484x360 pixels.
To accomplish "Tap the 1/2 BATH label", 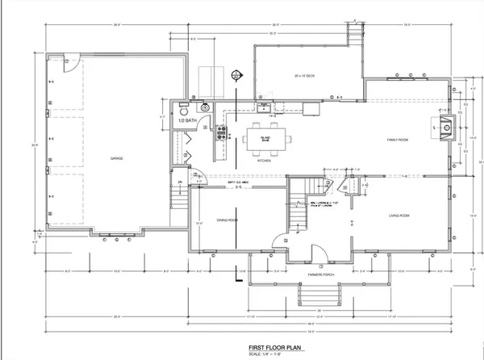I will click(187, 120).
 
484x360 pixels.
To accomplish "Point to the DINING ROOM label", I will click(227, 220).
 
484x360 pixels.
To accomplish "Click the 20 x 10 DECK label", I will click(304, 77).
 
